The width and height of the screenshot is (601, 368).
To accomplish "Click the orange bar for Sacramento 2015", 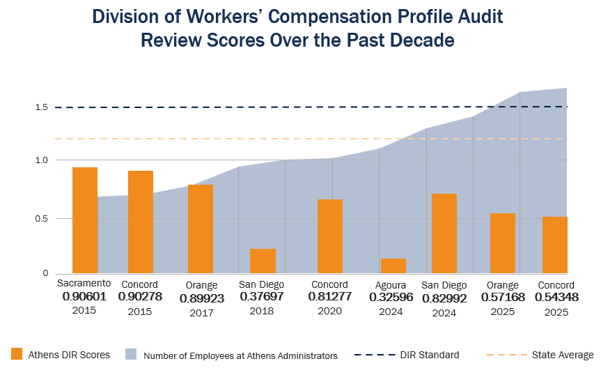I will click(x=85, y=220).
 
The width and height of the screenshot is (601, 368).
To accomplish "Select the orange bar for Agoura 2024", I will click(x=393, y=266).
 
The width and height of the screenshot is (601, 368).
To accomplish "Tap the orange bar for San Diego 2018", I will click(x=263, y=261).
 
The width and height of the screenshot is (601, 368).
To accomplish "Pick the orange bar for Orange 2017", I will click(x=201, y=229).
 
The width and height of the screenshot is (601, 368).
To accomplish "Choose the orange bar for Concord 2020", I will click(x=330, y=236).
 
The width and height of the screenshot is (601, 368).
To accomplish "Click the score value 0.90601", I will click(x=84, y=296).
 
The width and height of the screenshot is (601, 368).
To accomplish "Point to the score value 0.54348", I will click(x=556, y=297).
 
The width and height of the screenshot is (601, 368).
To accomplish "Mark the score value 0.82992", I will click(x=444, y=297).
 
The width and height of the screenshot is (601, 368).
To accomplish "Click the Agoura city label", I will click(x=391, y=285).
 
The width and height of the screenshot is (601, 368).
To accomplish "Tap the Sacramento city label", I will click(x=84, y=283).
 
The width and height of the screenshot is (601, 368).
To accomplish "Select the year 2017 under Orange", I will click(x=201, y=314).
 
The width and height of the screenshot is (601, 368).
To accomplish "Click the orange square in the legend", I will click(x=17, y=354).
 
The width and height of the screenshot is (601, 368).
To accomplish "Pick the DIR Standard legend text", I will click(x=429, y=355).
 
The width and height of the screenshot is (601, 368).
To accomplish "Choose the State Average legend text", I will click(x=562, y=355).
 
